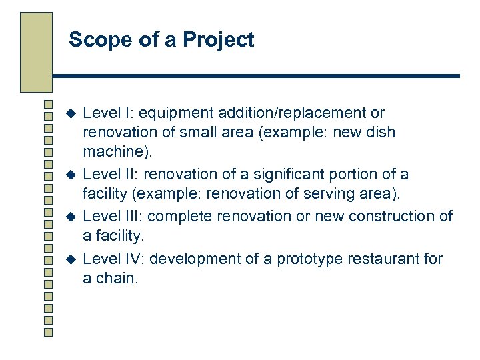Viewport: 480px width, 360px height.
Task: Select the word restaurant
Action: click(x=383, y=259)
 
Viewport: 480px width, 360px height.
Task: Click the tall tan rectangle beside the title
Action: click(x=36, y=51)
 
